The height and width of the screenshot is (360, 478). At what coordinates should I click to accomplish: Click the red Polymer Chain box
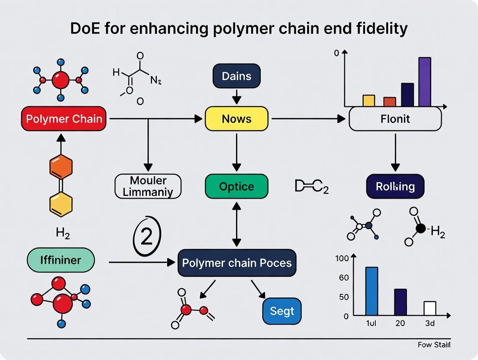(64, 119)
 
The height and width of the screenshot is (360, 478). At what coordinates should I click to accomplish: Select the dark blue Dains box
(236, 76)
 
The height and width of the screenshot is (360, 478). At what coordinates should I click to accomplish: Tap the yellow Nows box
(236, 119)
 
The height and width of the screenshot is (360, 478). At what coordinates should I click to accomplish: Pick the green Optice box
(236, 186)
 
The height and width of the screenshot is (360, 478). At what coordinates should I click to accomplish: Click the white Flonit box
(395, 119)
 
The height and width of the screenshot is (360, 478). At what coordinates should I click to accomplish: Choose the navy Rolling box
(395, 186)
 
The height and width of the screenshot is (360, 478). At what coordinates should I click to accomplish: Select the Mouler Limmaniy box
(148, 186)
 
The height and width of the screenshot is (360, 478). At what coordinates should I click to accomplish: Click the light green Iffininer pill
(61, 260)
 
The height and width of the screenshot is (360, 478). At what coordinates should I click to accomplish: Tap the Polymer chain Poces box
(237, 263)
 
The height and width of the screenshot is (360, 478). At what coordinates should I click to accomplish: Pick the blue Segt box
(282, 311)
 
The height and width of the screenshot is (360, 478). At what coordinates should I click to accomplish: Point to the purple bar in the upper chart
(425, 82)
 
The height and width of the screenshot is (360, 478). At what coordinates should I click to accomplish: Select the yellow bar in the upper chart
(368, 100)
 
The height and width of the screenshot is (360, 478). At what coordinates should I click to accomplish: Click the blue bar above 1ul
(371, 291)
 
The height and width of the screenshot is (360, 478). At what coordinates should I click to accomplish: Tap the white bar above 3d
(430, 308)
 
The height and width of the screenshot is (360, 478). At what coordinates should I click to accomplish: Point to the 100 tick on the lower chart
(342, 259)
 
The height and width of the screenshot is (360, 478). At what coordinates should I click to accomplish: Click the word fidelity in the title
(381, 29)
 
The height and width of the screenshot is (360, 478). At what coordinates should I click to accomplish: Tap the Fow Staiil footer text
(434, 344)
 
